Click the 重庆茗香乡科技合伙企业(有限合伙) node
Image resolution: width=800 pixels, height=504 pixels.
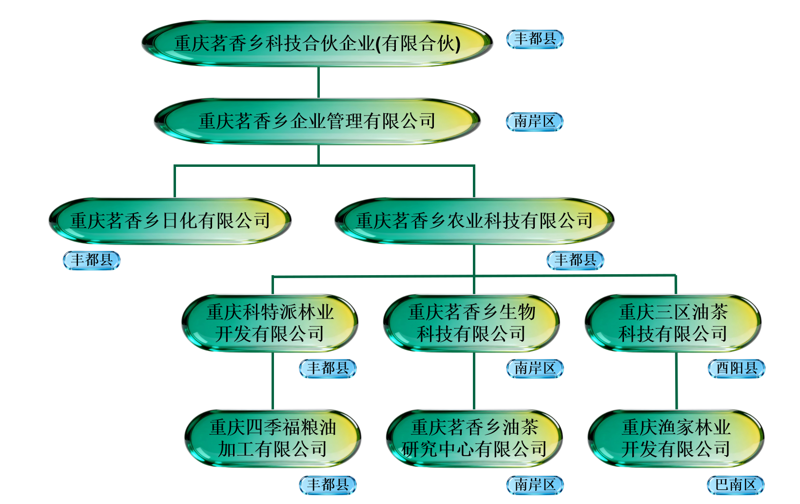pos(317,43)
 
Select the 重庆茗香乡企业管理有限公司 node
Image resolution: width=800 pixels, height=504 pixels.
pos(317,121)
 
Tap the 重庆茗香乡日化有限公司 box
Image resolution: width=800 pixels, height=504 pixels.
pos(170,221)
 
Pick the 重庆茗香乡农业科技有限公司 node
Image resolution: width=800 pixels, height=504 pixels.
pos(474,221)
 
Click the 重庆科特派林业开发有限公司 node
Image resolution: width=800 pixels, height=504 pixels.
pos(270,323)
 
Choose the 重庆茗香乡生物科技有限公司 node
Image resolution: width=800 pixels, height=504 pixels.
pos(471,323)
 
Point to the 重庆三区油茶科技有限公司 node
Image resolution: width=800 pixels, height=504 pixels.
pos(673,323)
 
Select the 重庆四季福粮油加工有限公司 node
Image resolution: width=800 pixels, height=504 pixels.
pos(273,438)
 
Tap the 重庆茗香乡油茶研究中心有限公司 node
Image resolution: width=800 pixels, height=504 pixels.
pos(474,438)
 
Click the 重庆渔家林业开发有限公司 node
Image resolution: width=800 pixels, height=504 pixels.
pos(676,438)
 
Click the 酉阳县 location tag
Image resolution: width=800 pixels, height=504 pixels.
pos(736,368)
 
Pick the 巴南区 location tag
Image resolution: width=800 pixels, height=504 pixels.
pos(736,485)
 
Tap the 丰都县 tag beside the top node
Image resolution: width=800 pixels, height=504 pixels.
pos(535,39)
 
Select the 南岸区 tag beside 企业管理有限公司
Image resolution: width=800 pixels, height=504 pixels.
pos(535,121)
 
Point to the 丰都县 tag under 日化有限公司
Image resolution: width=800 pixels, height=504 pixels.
pos(92,261)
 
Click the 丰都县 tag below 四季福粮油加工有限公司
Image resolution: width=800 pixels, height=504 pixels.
pos(328,485)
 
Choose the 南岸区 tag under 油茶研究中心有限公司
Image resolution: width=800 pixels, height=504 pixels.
pos(535,485)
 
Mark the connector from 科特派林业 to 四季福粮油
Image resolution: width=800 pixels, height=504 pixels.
pos(273,381)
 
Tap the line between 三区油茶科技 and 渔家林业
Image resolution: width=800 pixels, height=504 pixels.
pos(676,381)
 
